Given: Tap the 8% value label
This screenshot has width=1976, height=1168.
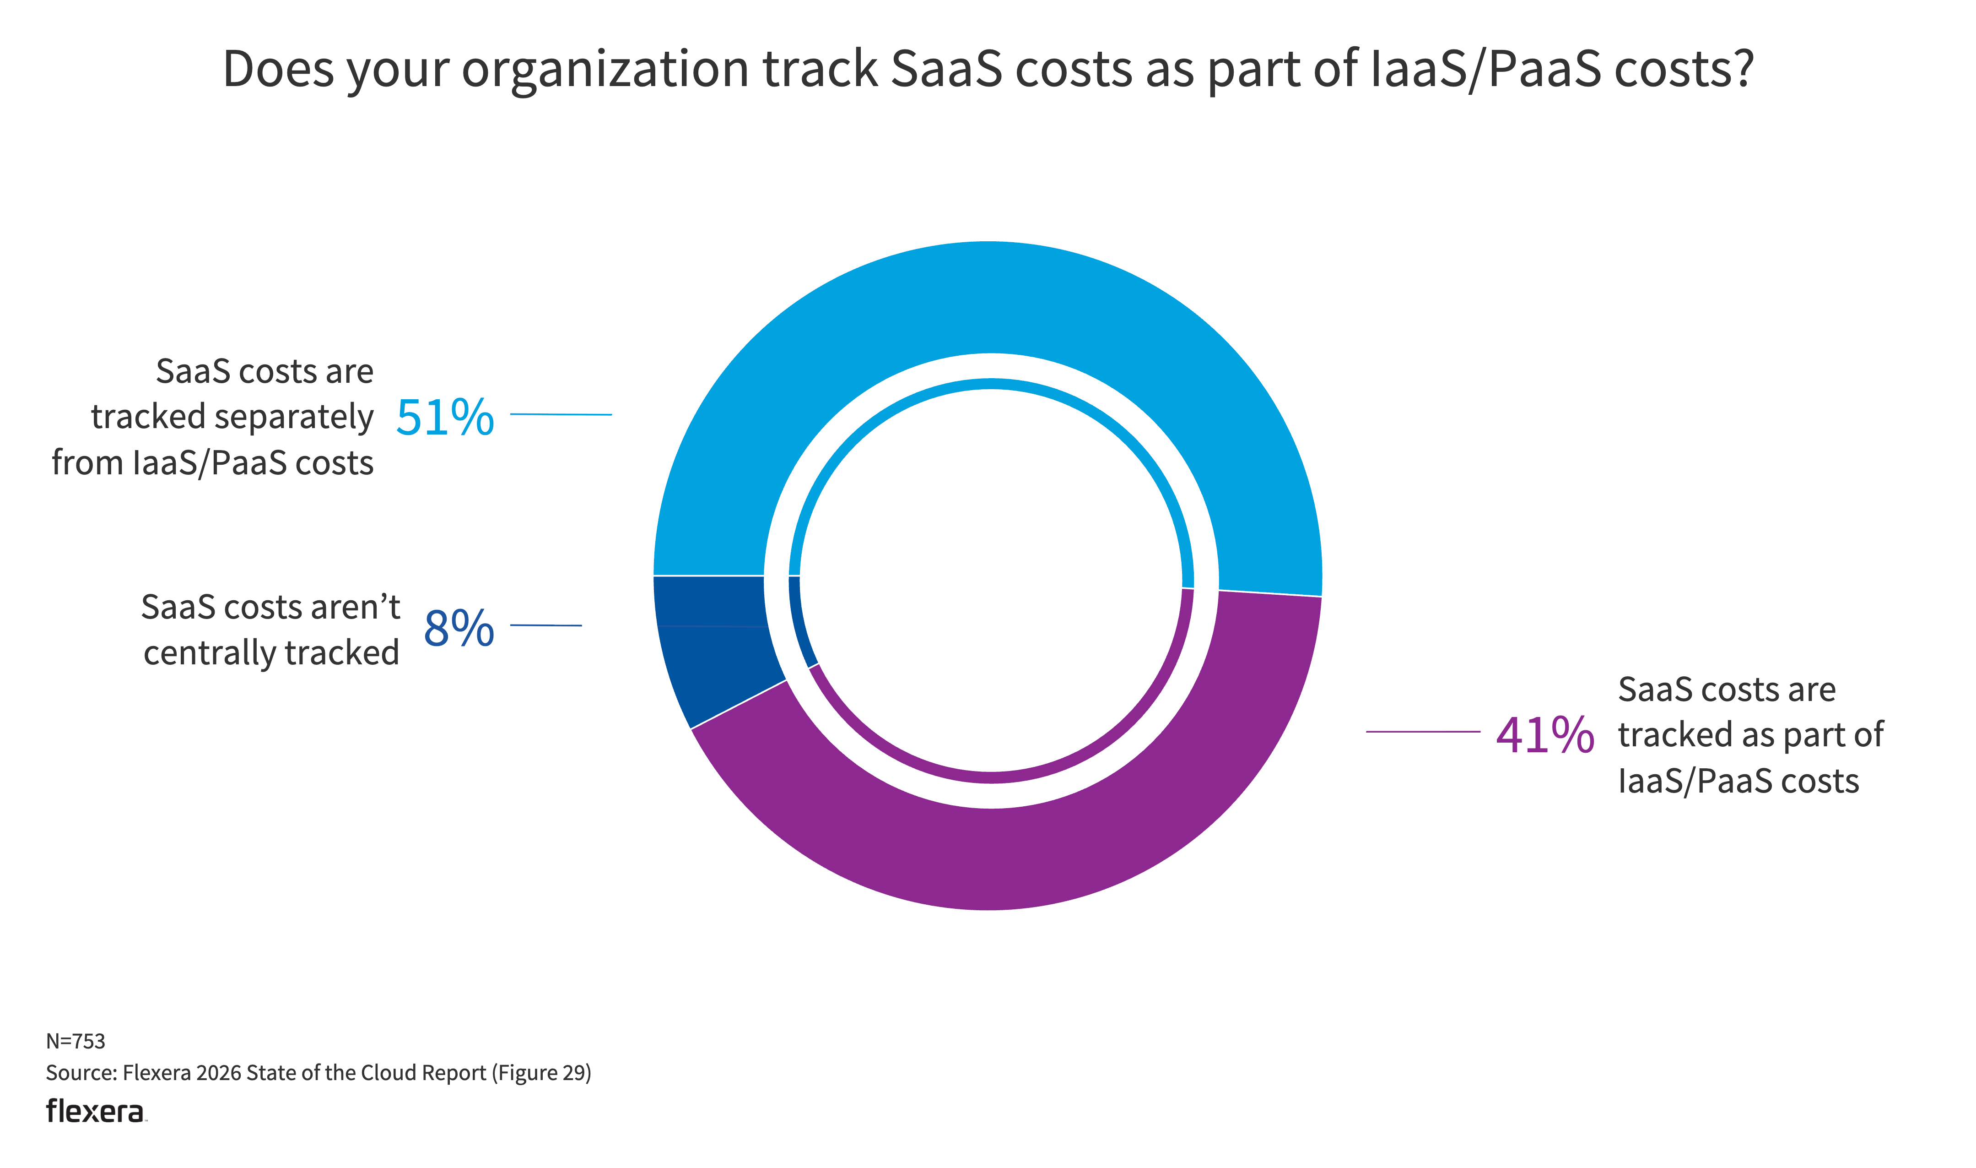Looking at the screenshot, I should (x=459, y=628).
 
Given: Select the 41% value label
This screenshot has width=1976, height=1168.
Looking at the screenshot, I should (x=1544, y=736).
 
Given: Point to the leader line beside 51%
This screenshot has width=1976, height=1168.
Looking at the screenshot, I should (x=561, y=414).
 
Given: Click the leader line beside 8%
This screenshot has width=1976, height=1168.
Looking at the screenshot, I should (x=546, y=626).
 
